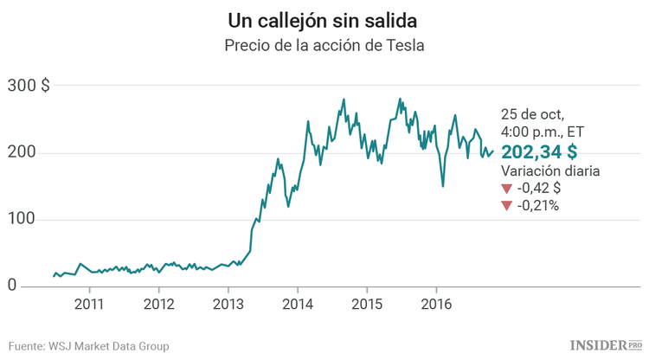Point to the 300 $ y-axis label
click(29, 86)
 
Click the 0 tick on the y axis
click(12, 286)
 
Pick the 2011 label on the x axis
click(89, 304)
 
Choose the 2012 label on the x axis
click(158, 304)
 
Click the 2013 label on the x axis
click(228, 304)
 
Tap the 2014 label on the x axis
click(297, 304)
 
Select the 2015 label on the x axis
click(366, 304)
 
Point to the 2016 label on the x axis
click(435, 304)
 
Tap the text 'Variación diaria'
click(549, 171)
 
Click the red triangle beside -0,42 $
click(506, 189)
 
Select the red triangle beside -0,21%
click(506, 206)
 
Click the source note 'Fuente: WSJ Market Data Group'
click(89, 345)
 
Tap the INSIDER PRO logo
click(606, 344)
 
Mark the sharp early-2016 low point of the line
click(443, 186)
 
